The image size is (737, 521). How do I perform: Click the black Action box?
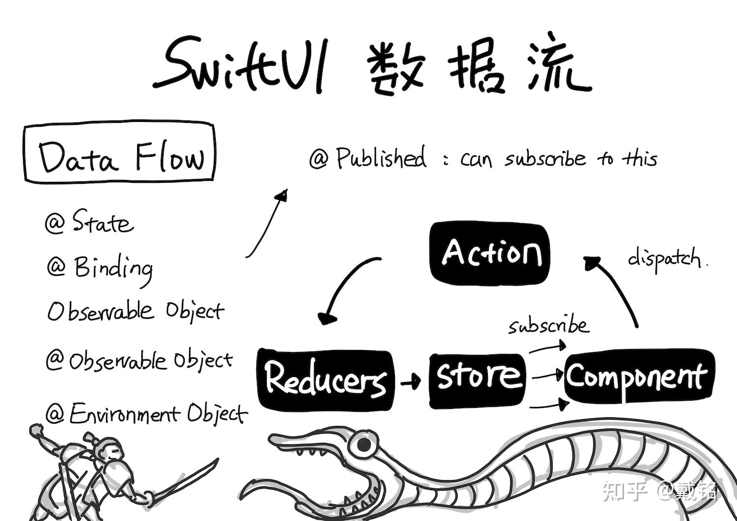tap(489, 253)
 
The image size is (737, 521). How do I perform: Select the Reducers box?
tap(325, 379)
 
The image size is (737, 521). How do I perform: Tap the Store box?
tap(477, 380)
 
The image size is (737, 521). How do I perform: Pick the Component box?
tap(638, 376)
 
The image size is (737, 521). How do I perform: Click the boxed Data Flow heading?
tap(119, 153)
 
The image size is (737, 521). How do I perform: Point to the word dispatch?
tap(666, 259)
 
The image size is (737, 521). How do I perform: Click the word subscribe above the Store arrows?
tap(548, 326)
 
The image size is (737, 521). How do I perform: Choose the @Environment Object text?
tap(146, 414)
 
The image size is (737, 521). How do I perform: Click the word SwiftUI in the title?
tap(241, 66)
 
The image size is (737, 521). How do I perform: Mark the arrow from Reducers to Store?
tap(411, 381)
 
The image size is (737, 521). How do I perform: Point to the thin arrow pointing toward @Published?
tap(266, 224)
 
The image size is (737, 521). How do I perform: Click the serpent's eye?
tap(364, 445)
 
